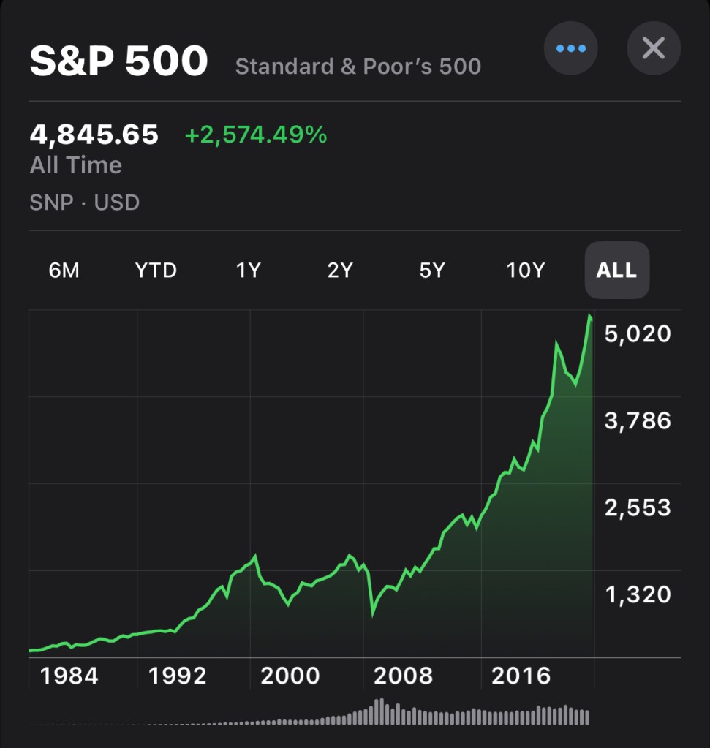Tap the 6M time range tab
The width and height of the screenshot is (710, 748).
[64, 271]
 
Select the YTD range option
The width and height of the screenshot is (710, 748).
[156, 271]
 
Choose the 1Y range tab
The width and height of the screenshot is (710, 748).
[248, 271]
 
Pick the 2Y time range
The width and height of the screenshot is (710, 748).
[340, 271]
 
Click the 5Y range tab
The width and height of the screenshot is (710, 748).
[432, 271]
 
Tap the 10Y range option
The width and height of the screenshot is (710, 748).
[526, 271]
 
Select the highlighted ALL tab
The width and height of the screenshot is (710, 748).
[616, 271]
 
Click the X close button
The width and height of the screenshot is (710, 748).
[653, 49]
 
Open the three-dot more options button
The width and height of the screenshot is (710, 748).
[570, 49]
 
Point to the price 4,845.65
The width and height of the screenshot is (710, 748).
[94, 135]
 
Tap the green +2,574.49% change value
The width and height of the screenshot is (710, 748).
[255, 135]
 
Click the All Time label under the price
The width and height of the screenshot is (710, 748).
[75, 165]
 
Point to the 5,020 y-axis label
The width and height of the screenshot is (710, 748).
[637, 334]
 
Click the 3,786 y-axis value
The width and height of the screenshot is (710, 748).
[637, 420]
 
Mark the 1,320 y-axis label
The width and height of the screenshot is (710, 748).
[637, 594]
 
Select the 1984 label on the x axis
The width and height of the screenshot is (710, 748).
[69, 676]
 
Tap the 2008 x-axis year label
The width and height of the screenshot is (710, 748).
[403, 676]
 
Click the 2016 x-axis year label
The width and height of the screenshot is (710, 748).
[521, 676]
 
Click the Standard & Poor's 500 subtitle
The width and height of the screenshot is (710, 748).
[358, 67]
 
